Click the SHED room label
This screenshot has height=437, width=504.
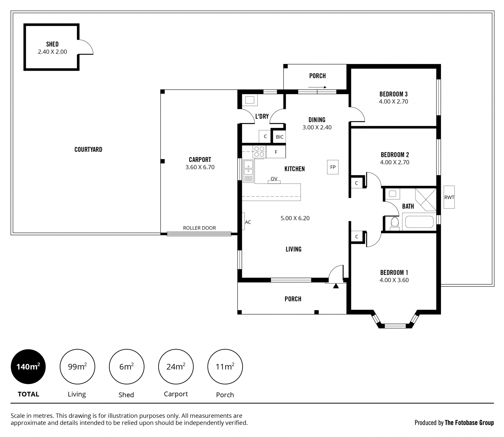tap(52, 44)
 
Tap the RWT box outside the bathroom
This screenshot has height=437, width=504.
tap(449, 197)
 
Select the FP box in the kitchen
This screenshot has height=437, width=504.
tap(333, 167)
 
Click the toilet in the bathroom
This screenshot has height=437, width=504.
tap(395, 223)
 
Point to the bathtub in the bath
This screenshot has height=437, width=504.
tap(419, 222)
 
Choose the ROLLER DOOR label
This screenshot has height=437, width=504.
tap(199, 228)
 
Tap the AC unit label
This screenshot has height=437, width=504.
tap(248, 222)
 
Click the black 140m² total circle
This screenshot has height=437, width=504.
tap(28, 366)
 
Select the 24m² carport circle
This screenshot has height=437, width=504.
tap(176, 366)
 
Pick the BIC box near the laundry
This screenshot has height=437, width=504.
tap(280, 137)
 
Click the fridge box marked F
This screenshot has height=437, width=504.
tap(276, 152)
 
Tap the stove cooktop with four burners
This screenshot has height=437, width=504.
tap(259, 151)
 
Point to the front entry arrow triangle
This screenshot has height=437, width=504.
tap(336, 286)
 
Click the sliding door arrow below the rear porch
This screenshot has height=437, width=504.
tap(317, 87)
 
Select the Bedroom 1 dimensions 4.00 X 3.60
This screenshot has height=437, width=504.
tap(394, 280)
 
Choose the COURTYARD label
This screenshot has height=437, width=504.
tap(88, 150)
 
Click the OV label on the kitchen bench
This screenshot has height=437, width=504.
tap(274, 179)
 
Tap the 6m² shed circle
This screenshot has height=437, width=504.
tap(127, 366)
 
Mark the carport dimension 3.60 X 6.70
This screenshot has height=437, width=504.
tap(200, 167)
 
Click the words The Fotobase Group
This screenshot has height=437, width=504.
tap(469, 423)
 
